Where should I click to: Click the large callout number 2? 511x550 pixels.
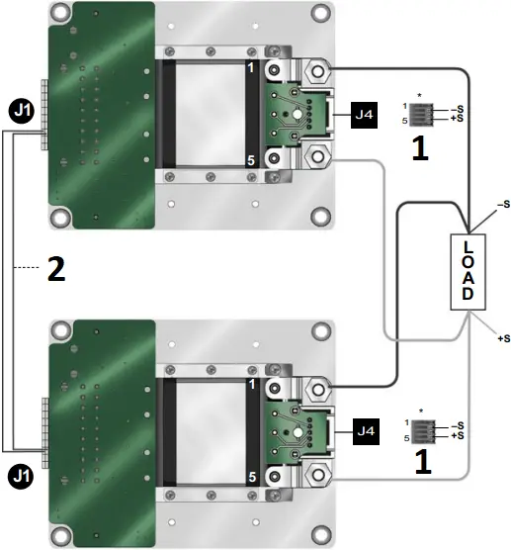pos(57,270)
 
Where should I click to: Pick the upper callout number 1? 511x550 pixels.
pos(419,149)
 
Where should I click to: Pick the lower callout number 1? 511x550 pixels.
pos(419,460)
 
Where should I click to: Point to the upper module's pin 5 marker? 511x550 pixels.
pos(252,159)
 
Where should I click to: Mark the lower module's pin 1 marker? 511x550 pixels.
pos(252,383)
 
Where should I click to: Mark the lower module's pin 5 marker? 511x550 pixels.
pos(252,475)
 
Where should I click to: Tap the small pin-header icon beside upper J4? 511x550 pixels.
pos(420,113)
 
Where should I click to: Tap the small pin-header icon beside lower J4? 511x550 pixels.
pos(420,429)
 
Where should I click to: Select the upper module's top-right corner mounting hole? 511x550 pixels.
pos(318,14)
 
